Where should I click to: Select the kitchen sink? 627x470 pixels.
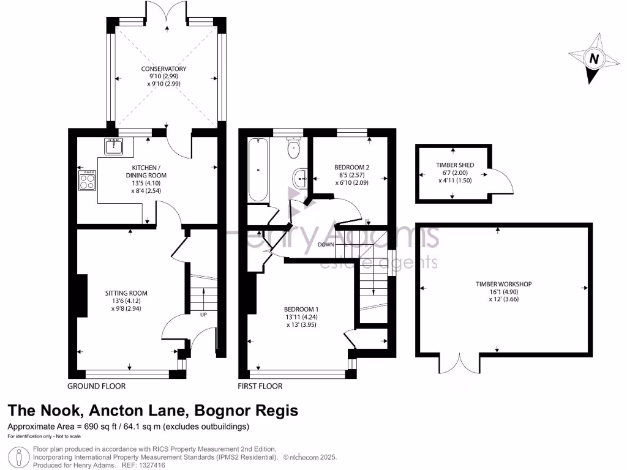113,146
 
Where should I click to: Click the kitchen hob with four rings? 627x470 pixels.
87,179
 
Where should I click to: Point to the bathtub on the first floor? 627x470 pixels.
258,170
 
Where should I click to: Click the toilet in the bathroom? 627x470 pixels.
294,146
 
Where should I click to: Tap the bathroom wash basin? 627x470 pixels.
300,177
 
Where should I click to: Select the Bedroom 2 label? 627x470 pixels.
351,167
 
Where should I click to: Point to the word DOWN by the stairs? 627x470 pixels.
326,245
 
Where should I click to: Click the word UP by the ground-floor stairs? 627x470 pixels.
203,315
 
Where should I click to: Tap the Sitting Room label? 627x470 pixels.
126,293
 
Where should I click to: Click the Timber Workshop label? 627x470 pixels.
503,284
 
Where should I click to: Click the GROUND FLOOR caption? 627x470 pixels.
96,386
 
